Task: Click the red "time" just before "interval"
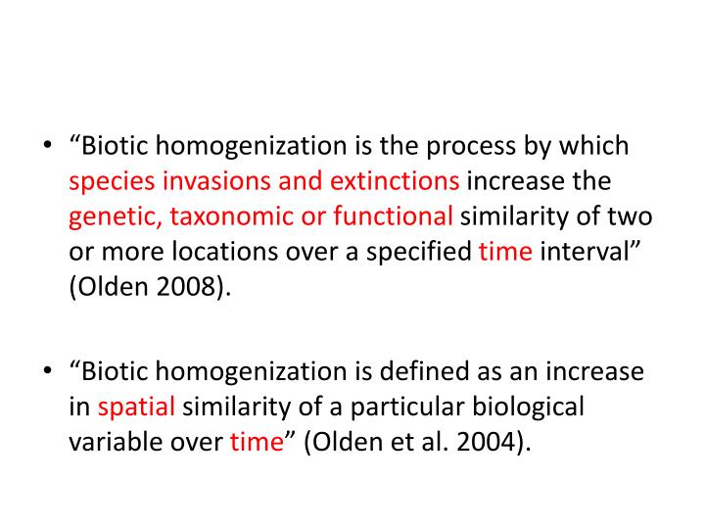coord(505,251)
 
